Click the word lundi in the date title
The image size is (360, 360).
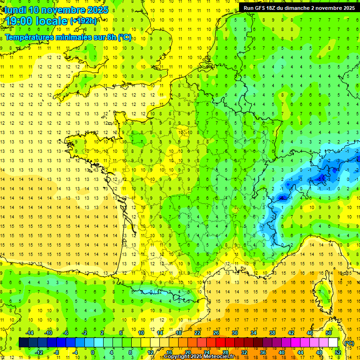pos(14,9)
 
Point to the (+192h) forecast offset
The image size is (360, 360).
pos(83,21)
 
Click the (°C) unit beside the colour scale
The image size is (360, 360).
pos(349,343)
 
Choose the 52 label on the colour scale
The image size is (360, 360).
pos(337,352)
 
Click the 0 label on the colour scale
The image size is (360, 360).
pos(93,352)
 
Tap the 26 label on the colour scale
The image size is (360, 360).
pos(216,332)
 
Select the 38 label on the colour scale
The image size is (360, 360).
pos(272,332)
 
